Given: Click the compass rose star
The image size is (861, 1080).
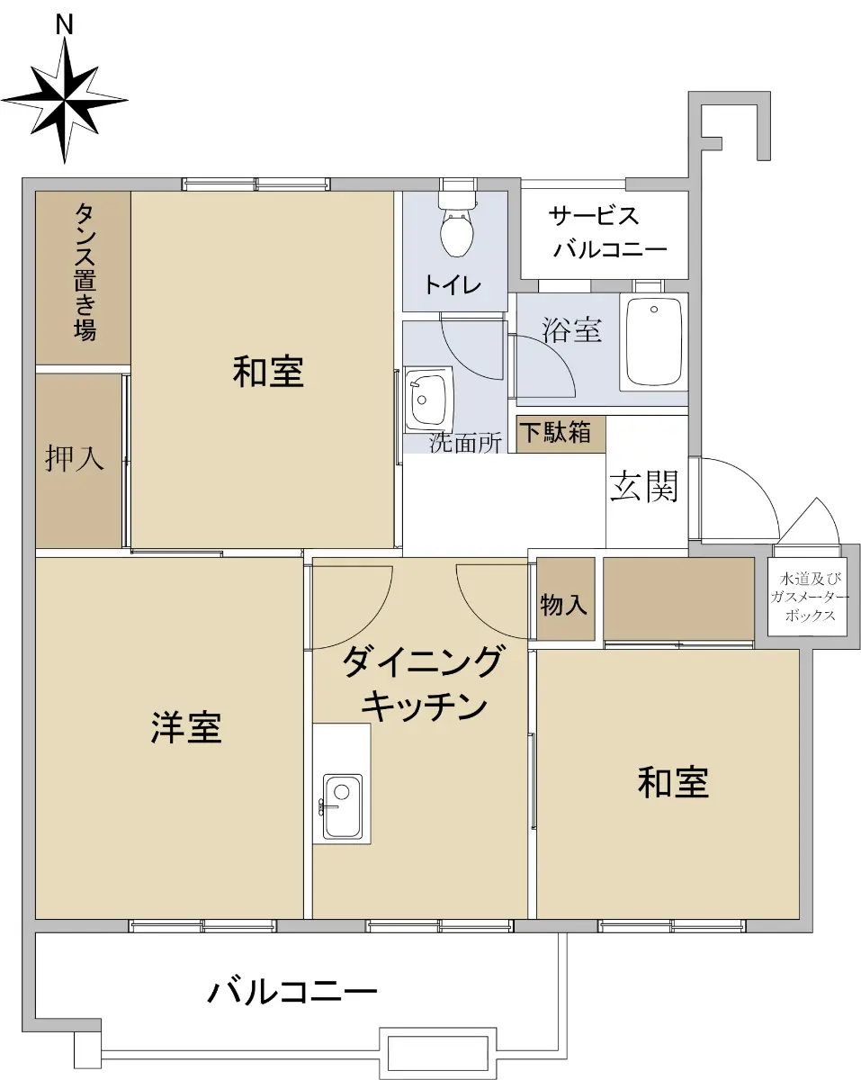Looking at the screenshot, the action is click(64, 100).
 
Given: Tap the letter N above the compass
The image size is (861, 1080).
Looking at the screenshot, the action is click(64, 24).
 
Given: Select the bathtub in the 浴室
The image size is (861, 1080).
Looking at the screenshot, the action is click(653, 343).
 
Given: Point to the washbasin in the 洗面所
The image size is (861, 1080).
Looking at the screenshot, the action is click(428, 398).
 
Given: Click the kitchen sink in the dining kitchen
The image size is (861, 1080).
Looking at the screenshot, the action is click(342, 808).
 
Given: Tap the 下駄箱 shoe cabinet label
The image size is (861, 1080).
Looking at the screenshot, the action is click(555, 432).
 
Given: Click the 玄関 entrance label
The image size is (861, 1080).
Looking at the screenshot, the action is click(644, 486).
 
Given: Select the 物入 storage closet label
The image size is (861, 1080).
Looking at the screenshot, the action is click(563, 605).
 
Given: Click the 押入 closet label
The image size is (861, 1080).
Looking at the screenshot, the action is click(75, 458).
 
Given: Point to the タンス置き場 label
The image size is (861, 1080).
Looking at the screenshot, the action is click(85, 273).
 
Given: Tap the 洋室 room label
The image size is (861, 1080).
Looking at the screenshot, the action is click(186, 727).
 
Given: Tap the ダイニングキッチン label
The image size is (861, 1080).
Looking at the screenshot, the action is click(420, 683).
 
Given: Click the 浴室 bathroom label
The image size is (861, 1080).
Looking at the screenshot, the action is click(571, 329).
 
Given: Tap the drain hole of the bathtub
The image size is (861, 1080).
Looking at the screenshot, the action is click(654, 310).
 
